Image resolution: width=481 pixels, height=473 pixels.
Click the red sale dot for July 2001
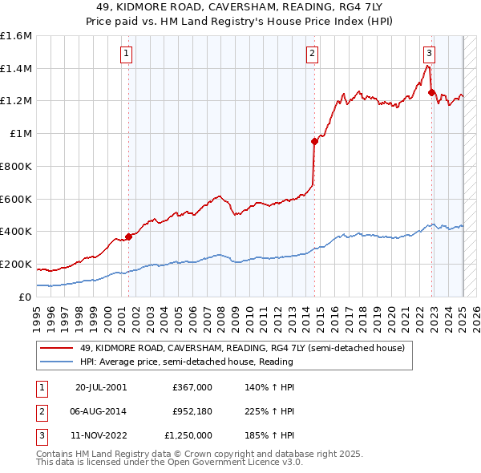(128, 236)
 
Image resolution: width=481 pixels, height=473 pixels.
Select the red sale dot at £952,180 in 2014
(314, 141)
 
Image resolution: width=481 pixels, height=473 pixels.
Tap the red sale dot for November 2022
(431, 92)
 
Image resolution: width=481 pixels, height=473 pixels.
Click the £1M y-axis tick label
(21, 134)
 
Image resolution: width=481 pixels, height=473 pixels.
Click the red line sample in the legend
(58, 348)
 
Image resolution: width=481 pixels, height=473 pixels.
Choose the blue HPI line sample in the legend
(58, 362)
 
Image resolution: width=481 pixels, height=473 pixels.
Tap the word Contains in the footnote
(56, 454)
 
